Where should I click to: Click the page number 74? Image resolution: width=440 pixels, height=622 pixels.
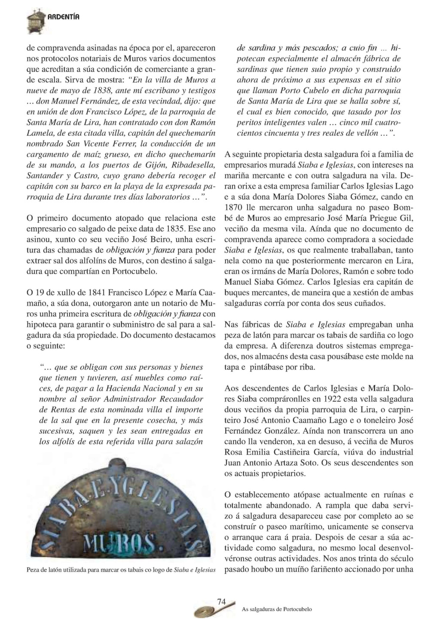point(222,602)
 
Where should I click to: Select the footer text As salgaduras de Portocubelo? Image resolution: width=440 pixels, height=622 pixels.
point(277,609)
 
